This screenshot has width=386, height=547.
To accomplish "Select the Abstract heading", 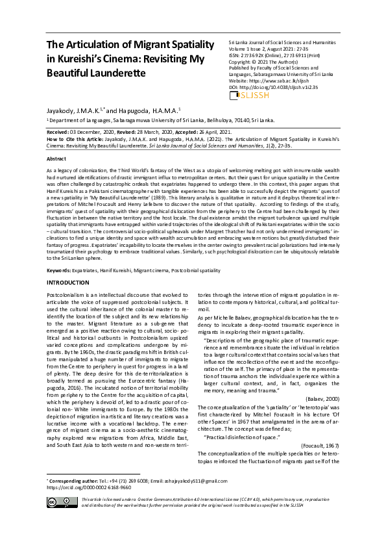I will [56, 159].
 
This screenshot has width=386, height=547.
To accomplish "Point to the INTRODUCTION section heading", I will [67, 283].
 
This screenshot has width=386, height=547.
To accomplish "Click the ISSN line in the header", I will [271, 57].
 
